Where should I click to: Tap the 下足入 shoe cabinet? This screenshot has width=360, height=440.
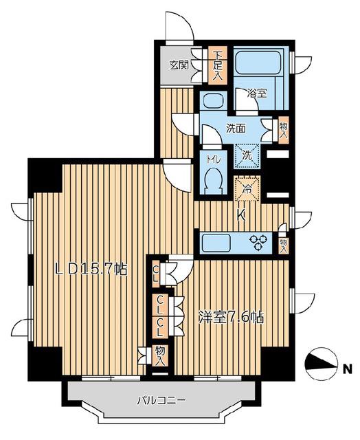[x=217, y=66]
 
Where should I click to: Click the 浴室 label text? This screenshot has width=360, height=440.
[x=256, y=93]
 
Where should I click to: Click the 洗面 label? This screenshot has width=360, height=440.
[x=236, y=129]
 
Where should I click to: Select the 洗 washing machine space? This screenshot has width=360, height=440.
[x=247, y=156]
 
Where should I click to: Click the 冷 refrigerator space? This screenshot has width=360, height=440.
[x=247, y=188]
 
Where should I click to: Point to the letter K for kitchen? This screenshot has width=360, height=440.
[x=241, y=215]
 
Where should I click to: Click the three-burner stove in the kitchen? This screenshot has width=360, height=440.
[x=258, y=243]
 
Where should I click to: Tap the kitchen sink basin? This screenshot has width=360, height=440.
[x=216, y=243]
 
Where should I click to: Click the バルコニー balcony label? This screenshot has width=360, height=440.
[x=161, y=400]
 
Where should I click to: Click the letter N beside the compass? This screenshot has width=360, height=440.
[x=348, y=369]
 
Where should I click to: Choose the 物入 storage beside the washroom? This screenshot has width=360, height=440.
[x=284, y=131]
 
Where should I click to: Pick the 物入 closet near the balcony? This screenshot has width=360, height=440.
[x=160, y=355]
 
